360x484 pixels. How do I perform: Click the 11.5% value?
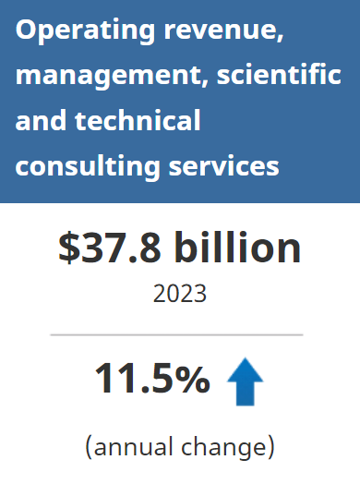(151, 378)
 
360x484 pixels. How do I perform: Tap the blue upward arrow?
(245, 381)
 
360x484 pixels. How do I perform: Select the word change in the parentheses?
(230, 448)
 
